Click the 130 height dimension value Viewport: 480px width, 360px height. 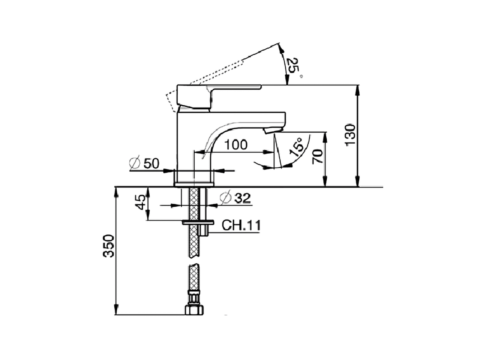point(349,135)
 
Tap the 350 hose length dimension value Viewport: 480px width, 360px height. point(109,246)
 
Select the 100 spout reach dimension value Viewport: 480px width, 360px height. point(236,145)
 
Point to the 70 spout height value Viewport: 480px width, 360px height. point(318,156)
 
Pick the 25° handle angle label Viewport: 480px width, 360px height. point(294,67)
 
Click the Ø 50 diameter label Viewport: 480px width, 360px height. point(144,163)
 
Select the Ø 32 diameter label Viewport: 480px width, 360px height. point(235,198)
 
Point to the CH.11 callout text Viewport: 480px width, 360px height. point(241,225)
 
